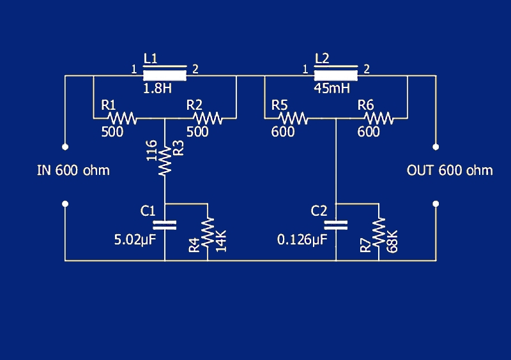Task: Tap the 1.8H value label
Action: pyautogui.click(x=157, y=89)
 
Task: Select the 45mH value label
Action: pyautogui.click(x=332, y=89)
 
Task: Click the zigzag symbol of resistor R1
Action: pyautogui.click(x=122, y=118)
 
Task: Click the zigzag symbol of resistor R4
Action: pyautogui.click(x=208, y=231)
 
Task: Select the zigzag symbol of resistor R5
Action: pyautogui.click(x=293, y=118)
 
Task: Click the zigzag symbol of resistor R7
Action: pyautogui.click(x=379, y=231)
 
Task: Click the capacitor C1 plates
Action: pyautogui.click(x=165, y=225)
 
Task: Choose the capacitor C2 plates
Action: pyautogui.click(x=335, y=225)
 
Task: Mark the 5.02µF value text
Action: pyautogui.click(x=135, y=240)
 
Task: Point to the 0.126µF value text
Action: pyautogui.click(x=302, y=240)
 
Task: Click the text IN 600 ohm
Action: pyautogui.click(x=73, y=170)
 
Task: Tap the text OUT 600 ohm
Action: pyautogui.click(x=450, y=170)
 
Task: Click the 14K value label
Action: pyautogui.click(x=221, y=241)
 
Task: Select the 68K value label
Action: pyautogui.click(x=392, y=241)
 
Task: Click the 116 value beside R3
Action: pyautogui.click(x=151, y=153)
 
